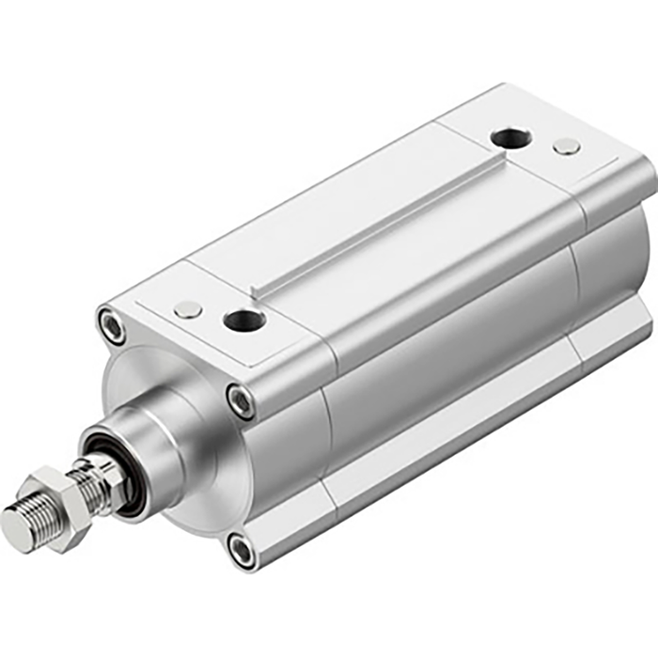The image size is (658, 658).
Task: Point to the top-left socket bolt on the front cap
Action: (110, 326)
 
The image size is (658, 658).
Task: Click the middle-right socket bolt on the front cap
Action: (241, 400)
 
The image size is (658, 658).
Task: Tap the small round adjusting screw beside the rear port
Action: (566, 146)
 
